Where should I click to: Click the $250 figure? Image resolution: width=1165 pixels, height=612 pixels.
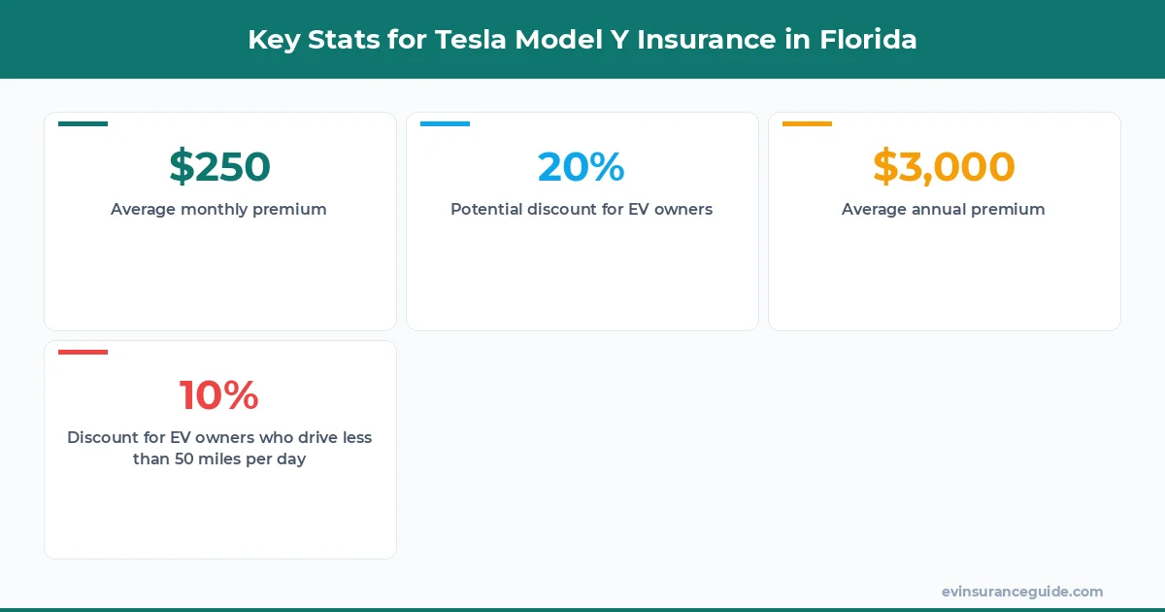(219, 167)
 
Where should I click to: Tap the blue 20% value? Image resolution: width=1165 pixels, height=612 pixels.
(581, 167)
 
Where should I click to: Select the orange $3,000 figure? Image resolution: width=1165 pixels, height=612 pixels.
(944, 167)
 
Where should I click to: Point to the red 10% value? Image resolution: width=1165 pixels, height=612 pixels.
(219, 395)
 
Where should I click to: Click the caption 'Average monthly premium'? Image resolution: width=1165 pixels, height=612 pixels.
(218, 209)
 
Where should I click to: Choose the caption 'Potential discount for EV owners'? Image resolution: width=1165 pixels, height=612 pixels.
(582, 209)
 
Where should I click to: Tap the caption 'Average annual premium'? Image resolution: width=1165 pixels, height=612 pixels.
(944, 209)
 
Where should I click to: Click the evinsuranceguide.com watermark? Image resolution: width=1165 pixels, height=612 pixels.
(1021, 592)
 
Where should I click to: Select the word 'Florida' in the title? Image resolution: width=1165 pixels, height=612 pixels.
(868, 40)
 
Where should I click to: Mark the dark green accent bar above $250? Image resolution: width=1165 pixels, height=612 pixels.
(83, 123)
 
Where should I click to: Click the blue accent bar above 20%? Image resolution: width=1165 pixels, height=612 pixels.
(445, 123)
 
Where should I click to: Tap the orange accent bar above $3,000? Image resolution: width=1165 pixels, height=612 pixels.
(807, 123)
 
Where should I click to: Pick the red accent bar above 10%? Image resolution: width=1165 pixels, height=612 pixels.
(83, 352)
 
